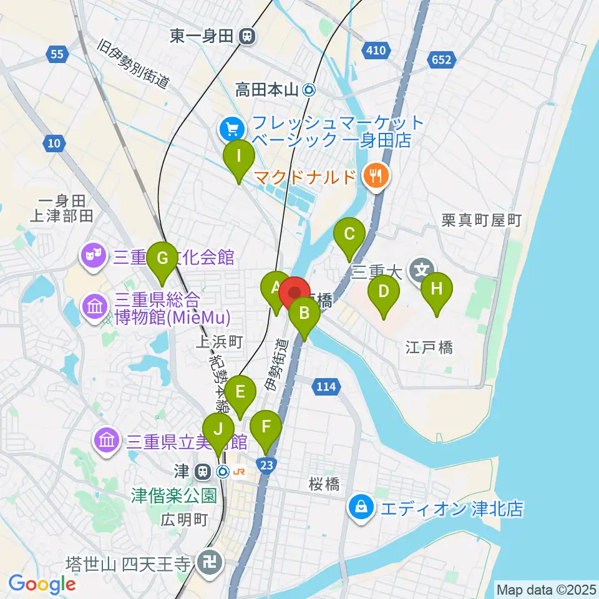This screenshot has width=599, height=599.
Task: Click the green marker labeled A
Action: (276, 289)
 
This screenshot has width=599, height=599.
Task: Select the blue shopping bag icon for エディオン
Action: (361, 506)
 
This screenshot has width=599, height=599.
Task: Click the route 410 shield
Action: (376, 49)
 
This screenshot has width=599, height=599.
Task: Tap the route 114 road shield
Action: (326, 387)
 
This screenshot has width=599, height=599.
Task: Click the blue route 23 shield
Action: (266, 465)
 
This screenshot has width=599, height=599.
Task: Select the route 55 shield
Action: (57, 55)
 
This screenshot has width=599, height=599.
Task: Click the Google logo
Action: (42, 585)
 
